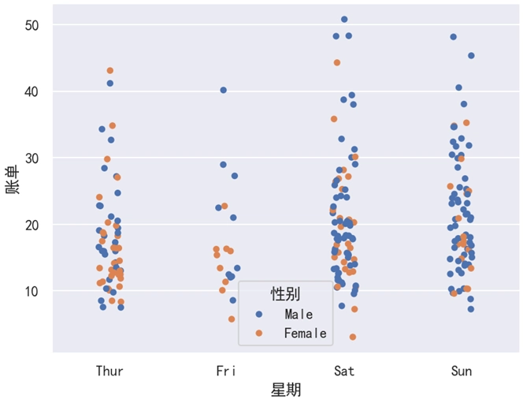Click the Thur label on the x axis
109,371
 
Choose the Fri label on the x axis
227,371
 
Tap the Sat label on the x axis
344,371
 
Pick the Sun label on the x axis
462,371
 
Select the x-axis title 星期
285,390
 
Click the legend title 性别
285,294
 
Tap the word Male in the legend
299,315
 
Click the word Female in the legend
305,334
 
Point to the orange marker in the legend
259,334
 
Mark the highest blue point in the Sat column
344,20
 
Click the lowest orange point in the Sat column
353,337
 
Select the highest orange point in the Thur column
110,71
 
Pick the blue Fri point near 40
223,91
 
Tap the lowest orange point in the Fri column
232,319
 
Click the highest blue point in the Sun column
454,37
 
